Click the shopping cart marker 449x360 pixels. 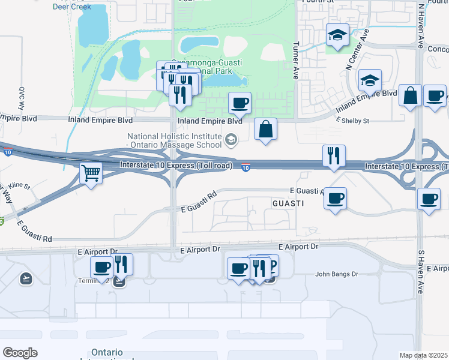click(91, 174)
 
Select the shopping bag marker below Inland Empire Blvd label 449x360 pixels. click(265, 129)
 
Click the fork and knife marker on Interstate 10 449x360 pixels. click(334, 156)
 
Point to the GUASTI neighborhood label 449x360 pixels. click(288, 204)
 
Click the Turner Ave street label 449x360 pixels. click(295, 61)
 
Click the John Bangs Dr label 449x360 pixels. click(337, 274)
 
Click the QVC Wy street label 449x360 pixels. click(20, 98)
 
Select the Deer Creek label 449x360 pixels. click(71, 7)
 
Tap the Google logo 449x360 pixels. click(20, 353)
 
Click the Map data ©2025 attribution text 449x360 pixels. click(423, 355)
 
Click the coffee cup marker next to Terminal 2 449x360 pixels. click(101, 267)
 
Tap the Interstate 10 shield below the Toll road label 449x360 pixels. click(246, 167)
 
